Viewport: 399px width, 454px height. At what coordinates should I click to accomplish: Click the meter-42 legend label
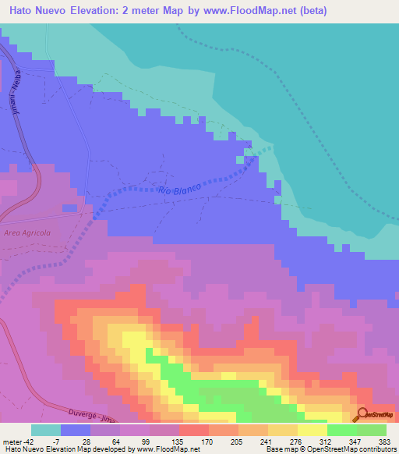click(18, 441)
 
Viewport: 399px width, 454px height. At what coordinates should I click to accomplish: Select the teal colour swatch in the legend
click(46, 430)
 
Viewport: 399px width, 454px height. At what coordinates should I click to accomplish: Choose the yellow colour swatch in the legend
click(312, 430)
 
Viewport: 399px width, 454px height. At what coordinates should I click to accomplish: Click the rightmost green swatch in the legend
click(372, 430)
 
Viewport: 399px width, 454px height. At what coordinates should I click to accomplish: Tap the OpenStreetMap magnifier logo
click(362, 414)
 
